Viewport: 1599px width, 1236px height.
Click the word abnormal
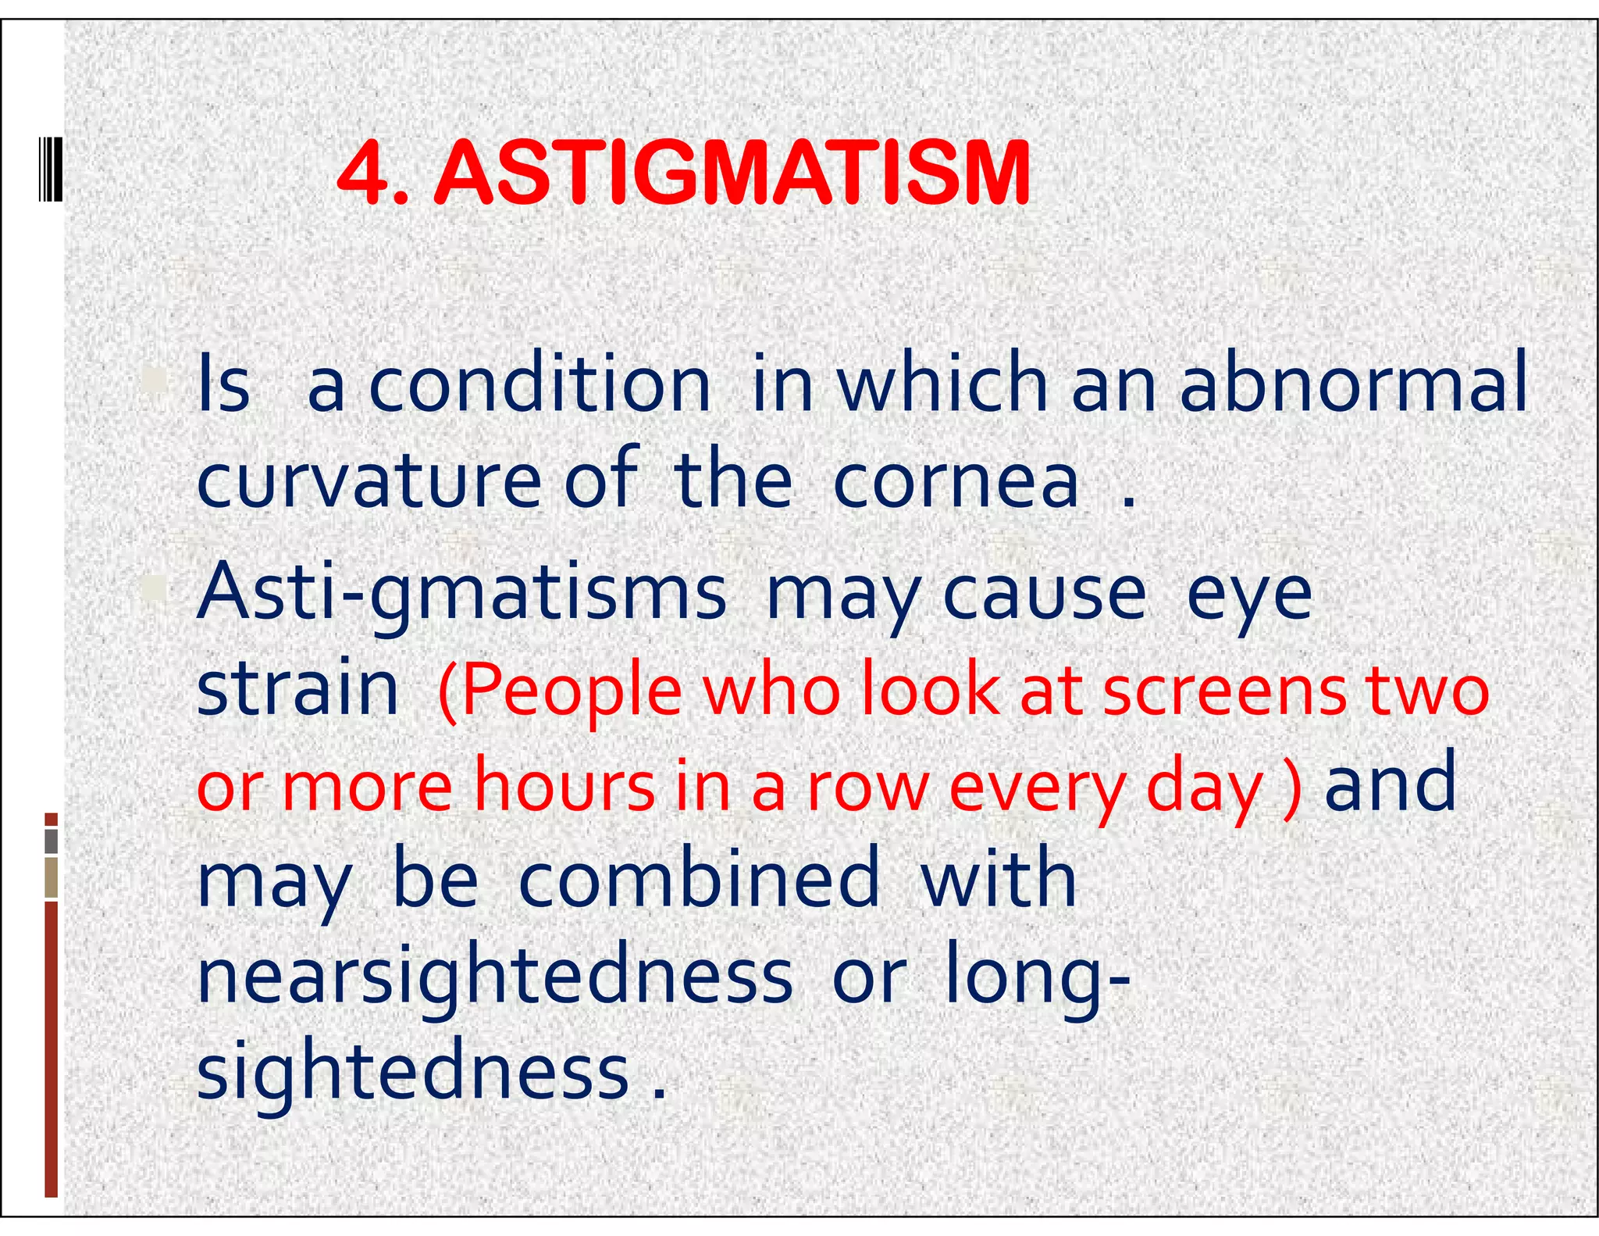[x=1353, y=383]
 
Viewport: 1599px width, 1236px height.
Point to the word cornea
[x=956, y=480]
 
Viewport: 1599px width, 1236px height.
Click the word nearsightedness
[x=495, y=978]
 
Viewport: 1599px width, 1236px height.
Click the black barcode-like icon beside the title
[x=51, y=169]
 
